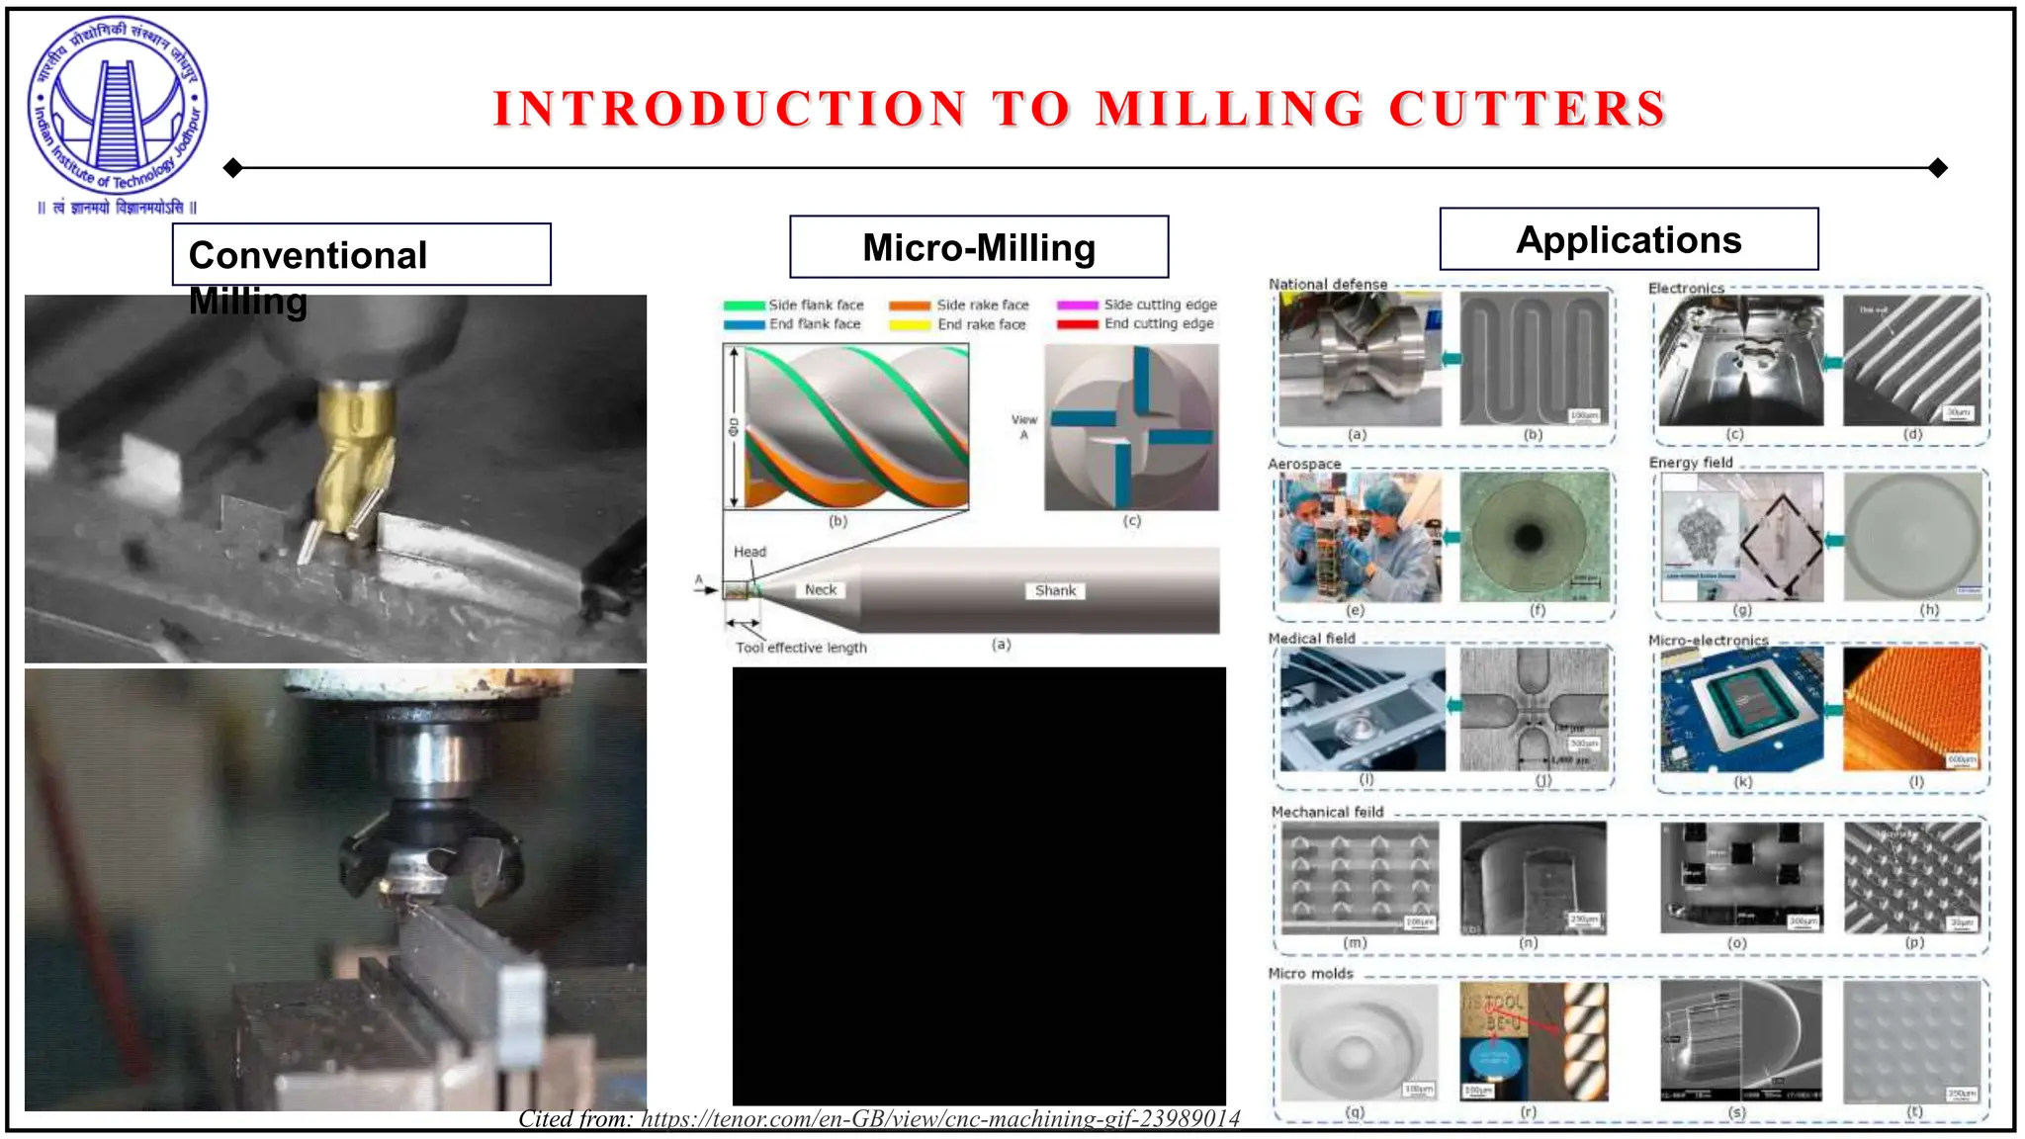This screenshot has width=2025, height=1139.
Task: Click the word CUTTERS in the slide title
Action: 1528,109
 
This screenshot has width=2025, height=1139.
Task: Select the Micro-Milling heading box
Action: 979,247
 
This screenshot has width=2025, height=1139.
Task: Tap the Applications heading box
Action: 1629,239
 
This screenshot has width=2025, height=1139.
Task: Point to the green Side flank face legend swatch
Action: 744,306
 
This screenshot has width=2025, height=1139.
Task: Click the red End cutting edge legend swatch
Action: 1077,324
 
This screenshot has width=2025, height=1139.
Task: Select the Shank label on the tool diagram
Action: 1055,590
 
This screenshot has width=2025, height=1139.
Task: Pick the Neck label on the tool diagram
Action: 820,589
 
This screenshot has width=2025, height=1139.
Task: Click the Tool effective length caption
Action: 801,648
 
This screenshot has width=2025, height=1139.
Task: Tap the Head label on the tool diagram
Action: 749,552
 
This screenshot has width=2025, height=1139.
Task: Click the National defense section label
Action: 1328,285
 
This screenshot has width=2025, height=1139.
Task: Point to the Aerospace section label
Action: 1304,464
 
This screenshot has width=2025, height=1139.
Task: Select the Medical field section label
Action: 1311,639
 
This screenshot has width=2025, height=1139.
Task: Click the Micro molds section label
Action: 1310,974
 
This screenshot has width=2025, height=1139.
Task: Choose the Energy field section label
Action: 1691,463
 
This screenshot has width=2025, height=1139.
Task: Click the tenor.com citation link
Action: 940,1118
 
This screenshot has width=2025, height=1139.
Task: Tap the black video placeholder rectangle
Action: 979,885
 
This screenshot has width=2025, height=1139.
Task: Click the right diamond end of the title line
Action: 1938,168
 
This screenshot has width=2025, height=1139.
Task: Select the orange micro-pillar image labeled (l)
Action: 1912,708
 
